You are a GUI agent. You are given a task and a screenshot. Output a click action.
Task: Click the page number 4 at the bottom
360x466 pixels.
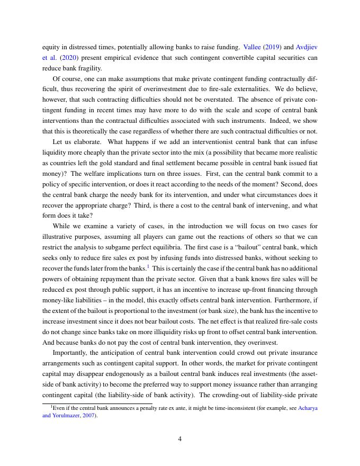(x=180, y=438)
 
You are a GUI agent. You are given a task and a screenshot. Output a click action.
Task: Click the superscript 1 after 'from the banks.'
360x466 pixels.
(x=148, y=266)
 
